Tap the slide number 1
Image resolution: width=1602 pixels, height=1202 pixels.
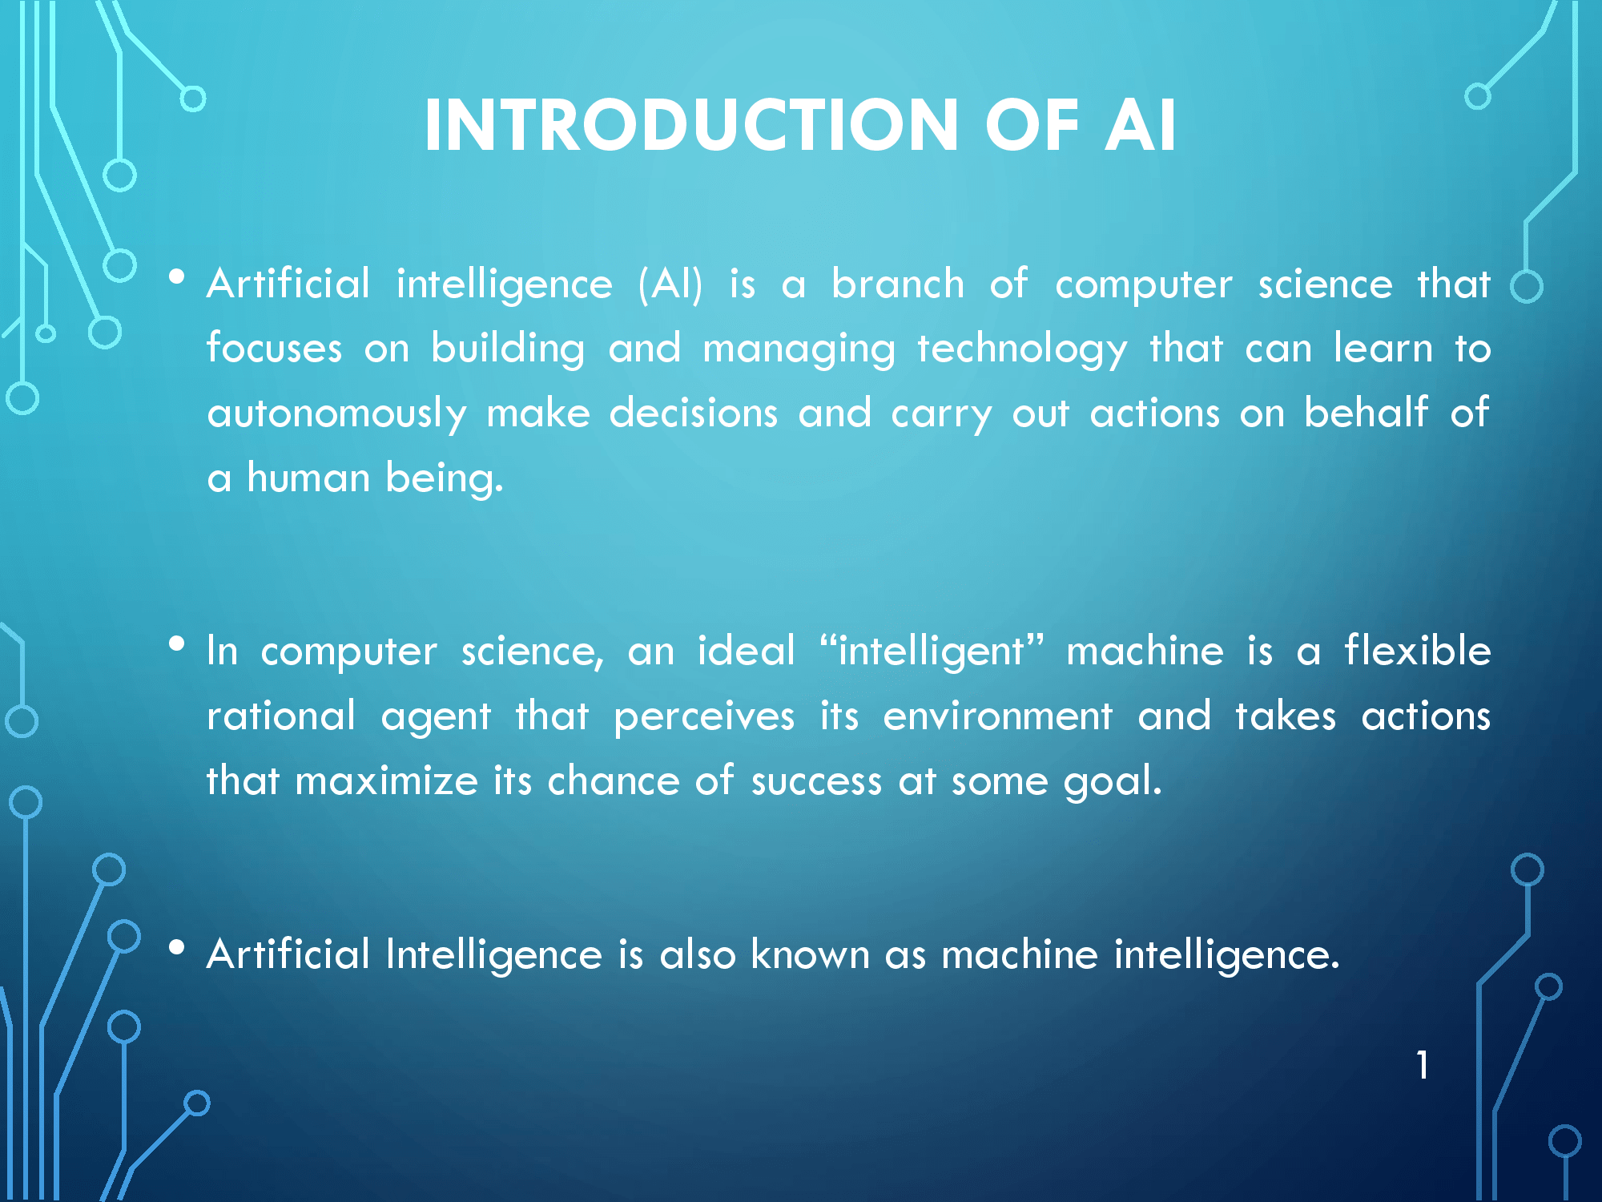tap(1423, 1065)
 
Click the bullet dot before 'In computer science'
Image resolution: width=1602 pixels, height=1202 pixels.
tap(177, 643)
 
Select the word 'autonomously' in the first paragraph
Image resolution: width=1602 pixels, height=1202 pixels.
tap(336, 414)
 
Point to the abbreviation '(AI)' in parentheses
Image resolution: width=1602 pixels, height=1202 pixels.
tap(671, 284)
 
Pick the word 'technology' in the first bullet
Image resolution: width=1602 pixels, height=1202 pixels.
tap(1022, 349)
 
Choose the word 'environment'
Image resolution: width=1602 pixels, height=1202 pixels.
tap(998, 715)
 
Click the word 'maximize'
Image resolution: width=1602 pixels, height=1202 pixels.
tap(386, 780)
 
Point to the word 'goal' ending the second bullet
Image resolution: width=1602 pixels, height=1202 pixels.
tap(1113, 781)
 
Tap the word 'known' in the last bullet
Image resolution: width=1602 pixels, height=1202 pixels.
tap(810, 954)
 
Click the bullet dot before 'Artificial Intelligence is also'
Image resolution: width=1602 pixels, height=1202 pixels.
tap(177, 948)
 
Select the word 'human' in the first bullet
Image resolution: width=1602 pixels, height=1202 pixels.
tap(308, 478)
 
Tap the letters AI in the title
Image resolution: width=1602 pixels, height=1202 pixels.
tap(1141, 125)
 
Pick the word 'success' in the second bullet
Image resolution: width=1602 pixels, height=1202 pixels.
tap(816, 781)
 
